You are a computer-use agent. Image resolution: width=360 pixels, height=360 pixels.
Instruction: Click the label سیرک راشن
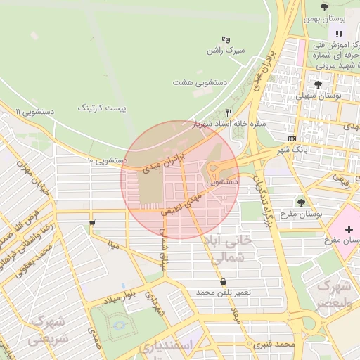(224, 51)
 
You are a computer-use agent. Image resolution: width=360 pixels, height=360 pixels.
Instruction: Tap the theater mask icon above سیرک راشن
(226, 39)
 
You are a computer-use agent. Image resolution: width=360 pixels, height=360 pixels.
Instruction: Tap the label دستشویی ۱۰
(107, 160)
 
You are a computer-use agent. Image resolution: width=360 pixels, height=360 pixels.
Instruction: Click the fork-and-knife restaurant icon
(229, 112)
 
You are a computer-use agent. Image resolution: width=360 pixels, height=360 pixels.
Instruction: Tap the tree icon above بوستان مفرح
(301, 202)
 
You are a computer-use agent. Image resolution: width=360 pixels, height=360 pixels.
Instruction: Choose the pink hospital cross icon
(349, 230)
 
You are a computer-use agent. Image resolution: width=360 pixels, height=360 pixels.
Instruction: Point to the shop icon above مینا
(92, 224)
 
